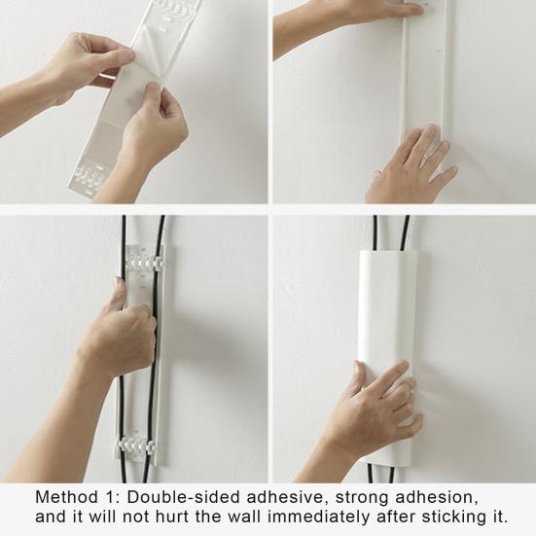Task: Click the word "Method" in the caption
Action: click(66, 497)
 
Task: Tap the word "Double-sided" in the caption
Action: click(183, 497)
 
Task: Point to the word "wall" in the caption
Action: click(246, 517)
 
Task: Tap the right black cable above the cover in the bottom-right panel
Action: click(404, 233)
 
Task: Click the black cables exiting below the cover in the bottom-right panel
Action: click(380, 474)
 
